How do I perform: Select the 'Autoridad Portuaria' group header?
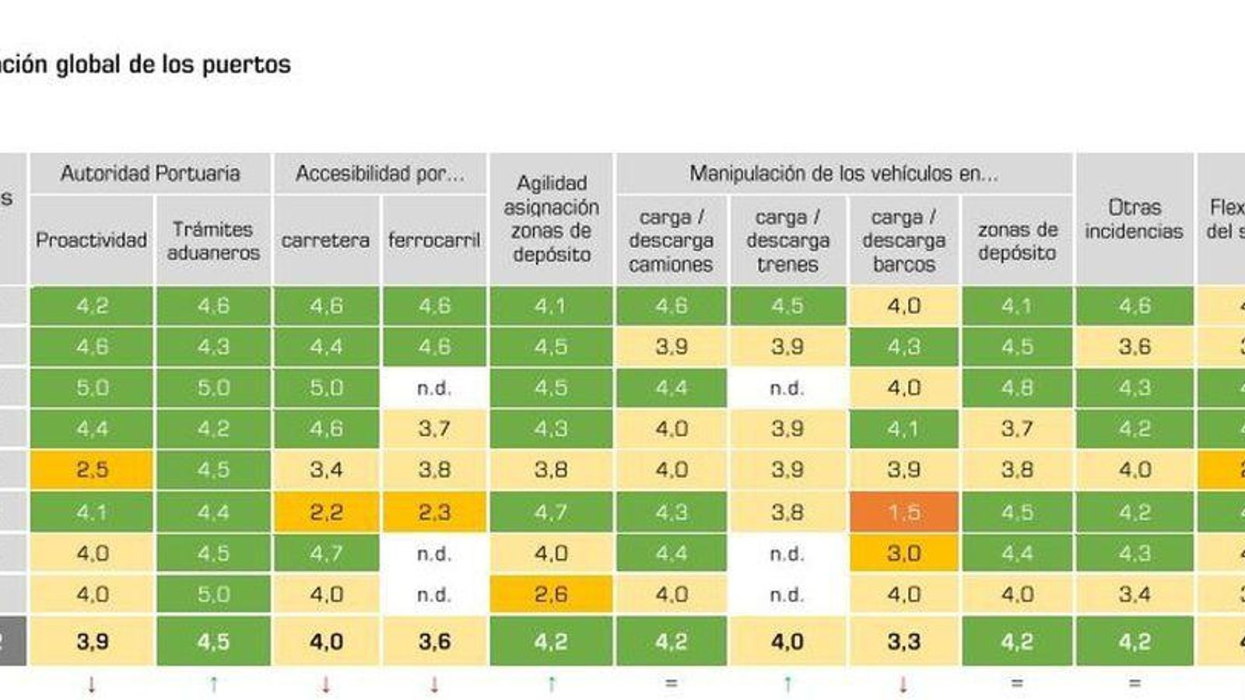pyautogui.click(x=150, y=173)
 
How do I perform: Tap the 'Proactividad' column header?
pyautogui.click(x=91, y=240)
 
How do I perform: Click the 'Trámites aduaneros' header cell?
pyautogui.click(x=213, y=241)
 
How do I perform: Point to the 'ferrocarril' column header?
pyautogui.click(x=434, y=240)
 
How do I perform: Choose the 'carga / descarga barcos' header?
pyautogui.click(x=903, y=240)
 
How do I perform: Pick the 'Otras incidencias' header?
pyautogui.click(x=1134, y=219)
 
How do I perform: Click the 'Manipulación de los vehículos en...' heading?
pyautogui.click(x=843, y=173)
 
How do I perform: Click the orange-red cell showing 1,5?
pyautogui.click(x=903, y=512)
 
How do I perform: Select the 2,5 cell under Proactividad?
pyautogui.click(x=92, y=470)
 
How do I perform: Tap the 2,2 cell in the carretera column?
pyautogui.click(x=326, y=512)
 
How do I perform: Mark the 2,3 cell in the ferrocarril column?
pyautogui.click(x=434, y=512)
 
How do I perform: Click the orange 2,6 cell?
pyautogui.click(x=551, y=595)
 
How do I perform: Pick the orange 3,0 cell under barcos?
pyautogui.click(x=903, y=553)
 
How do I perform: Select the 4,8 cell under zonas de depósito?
pyautogui.click(x=1017, y=387)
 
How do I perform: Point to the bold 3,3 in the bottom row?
pyautogui.click(x=903, y=642)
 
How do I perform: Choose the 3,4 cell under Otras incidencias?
pyautogui.click(x=1134, y=595)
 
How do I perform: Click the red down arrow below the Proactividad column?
pyautogui.click(x=92, y=684)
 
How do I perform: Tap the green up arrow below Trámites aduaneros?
pyautogui.click(x=213, y=684)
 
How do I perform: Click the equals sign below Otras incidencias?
pyautogui.click(x=1134, y=684)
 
